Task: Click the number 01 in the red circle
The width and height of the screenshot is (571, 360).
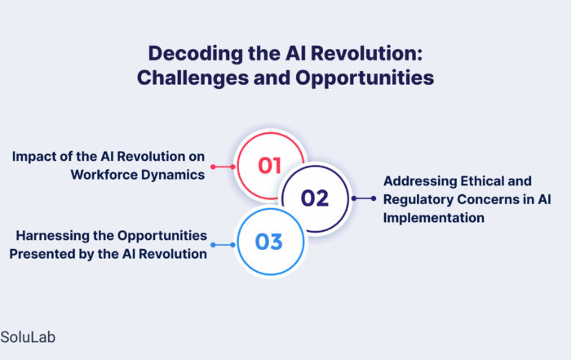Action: point(269,166)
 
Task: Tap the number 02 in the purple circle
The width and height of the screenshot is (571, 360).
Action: point(315,198)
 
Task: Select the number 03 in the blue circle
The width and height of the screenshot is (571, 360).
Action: point(268,242)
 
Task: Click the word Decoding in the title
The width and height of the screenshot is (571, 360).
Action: point(196,54)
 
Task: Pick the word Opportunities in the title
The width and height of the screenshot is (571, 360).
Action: point(365,78)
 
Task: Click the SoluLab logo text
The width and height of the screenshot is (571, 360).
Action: point(28,337)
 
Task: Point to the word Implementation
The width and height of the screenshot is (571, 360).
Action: point(434,218)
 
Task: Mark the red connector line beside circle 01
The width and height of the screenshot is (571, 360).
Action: point(224,167)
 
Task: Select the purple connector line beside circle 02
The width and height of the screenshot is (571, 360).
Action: point(364,198)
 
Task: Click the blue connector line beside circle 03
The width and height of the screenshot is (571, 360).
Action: point(224,245)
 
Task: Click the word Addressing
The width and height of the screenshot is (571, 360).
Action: point(420,181)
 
